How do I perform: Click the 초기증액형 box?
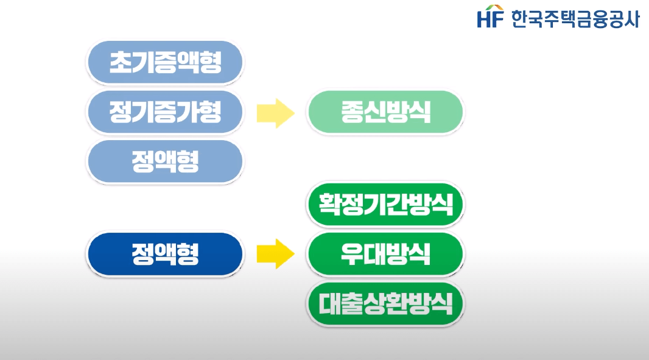tap(164, 62)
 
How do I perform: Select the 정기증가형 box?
tap(164, 112)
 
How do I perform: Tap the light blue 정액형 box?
tap(164, 161)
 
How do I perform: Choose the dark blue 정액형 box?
tap(164, 254)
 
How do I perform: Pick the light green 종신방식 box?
tap(385, 112)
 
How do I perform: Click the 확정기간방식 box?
tap(385, 204)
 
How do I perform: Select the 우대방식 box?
tap(385, 254)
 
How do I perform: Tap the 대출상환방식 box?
tap(385, 303)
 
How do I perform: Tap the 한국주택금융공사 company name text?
tap(575, 18)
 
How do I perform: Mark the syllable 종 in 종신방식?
tap(353, 112)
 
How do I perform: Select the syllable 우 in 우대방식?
tap(353, 254)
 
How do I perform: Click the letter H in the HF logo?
tap(485, 19)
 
